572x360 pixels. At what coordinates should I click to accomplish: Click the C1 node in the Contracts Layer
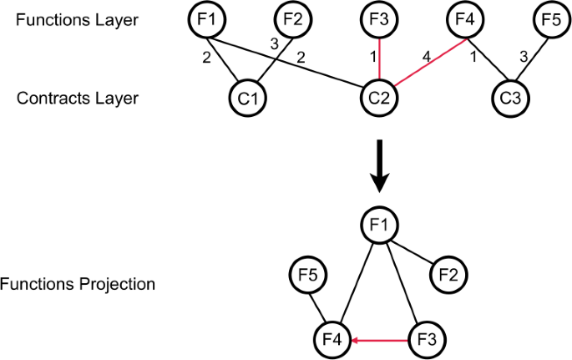click(246, 98)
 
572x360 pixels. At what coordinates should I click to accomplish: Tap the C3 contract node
click(507, 98)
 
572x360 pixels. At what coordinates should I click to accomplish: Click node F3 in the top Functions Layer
click(380, 19)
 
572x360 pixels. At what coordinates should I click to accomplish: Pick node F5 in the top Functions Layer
click(550, 19)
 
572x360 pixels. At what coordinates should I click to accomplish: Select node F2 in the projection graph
click(449, 275)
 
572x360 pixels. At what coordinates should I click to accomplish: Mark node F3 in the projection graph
click(428, 341)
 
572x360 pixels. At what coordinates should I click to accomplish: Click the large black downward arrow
click(379, 167)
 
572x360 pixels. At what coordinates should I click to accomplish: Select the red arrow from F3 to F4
click(380, 341)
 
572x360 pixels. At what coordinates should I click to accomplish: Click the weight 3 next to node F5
click(524, 58)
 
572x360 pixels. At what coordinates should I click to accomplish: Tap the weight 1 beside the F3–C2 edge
click(373, 57)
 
